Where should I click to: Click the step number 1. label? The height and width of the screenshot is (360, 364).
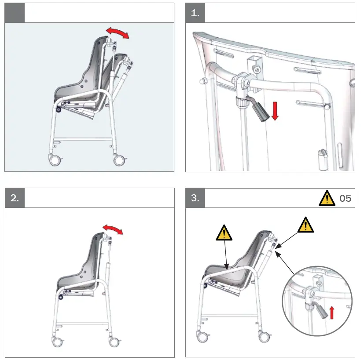coord(195,13)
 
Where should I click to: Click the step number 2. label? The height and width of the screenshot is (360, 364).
coord(15,198)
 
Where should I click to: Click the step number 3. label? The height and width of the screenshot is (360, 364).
coord(195,198)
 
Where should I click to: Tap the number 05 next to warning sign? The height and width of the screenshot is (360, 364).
coord(346,199)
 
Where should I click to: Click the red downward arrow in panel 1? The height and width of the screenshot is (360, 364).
coord(276,111)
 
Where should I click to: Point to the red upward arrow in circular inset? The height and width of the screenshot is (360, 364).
coord(332,313)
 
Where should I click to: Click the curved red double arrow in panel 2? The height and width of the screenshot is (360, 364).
coord(113,229)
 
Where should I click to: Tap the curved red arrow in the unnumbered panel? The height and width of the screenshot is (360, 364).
coord(118,33)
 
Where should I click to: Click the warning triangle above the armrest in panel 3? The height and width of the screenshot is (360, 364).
coord(224,232)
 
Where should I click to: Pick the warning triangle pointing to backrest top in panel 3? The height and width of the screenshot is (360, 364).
coord(305,225)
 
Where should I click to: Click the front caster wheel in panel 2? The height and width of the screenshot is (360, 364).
coord(56,341)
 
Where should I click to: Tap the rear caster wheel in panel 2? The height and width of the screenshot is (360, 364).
coord(114,341)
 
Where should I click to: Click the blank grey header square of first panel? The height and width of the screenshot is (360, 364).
coord(15,13)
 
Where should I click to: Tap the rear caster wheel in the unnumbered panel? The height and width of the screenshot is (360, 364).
coord(118,159)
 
